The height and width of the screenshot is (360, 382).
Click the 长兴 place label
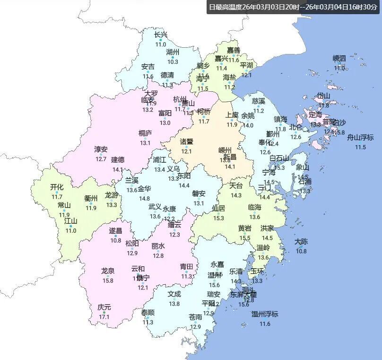click(x=161, y=35)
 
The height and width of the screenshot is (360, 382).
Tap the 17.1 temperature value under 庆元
click(x=104, y=317)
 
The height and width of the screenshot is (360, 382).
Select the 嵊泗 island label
click(x=339, y=58)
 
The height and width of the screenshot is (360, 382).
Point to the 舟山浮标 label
click(x=360, y=138)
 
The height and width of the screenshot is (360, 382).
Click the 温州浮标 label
click(x=265, y=314)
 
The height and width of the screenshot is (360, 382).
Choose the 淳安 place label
click(x=101, y=149)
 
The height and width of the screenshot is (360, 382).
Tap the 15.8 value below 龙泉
click(x=108, y=281)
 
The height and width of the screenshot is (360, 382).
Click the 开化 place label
click(x=57, y=187)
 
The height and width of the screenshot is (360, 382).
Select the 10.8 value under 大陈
click(x=301, y=251)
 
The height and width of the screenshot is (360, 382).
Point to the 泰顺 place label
click(x=148, y=313)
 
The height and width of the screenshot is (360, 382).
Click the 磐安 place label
click(x=199, y=193)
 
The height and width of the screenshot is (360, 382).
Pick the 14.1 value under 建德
click(x=117, y=169)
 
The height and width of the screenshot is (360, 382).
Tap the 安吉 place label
click(x=148, y=67)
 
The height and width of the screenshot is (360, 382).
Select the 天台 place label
click(x=236, y=185)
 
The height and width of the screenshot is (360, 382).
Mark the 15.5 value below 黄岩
click(x=245, y=238)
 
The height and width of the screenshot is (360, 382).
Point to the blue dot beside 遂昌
click(x=115, y=236)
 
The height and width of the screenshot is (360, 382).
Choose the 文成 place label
click(x=174, y=294)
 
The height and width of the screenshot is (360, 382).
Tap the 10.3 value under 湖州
click(x=173, y=61)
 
